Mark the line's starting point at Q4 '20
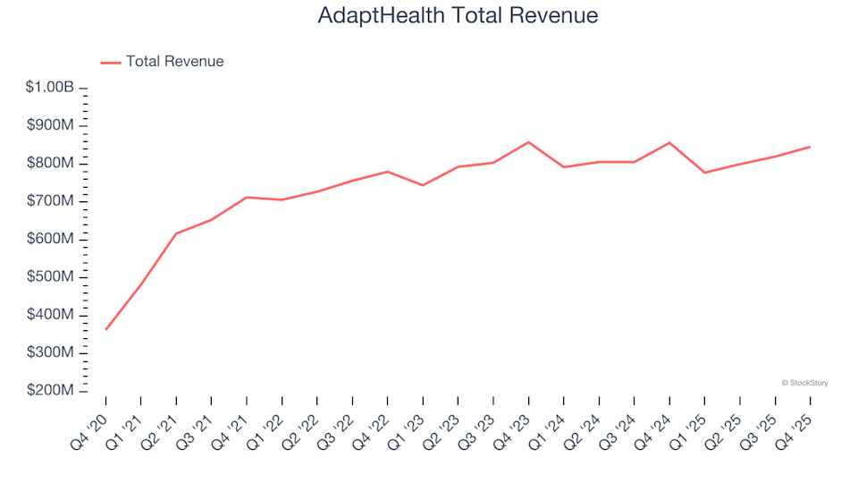[x=105, y=329]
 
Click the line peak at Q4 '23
[x=528, y=142]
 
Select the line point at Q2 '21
[x=176, y=233]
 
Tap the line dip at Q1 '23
[x=423, y=185]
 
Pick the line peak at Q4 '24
[x=669, y=143]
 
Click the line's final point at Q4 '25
[x=810, y=147]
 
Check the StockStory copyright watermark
[x=804, y=383]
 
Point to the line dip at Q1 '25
[x=704, y=173]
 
